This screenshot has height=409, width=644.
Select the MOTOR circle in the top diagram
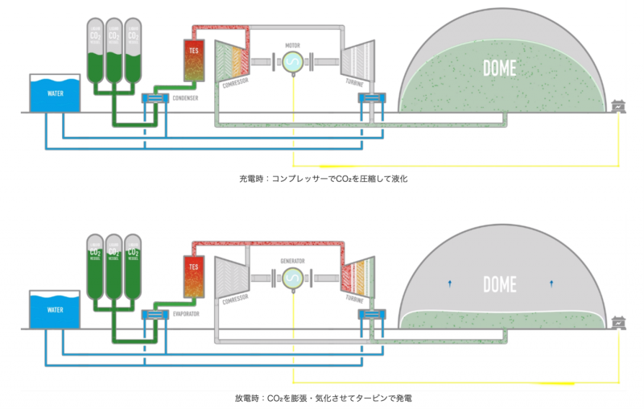point(291,62)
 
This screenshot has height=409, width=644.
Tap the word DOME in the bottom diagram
point(500,283)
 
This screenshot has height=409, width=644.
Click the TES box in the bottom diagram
point(193,275)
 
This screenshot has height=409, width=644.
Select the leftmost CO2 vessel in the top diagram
point(95,52)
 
